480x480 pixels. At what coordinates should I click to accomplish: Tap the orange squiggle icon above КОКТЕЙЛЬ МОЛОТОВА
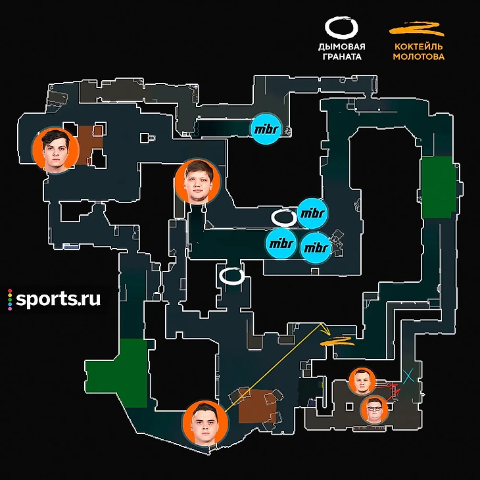coord(418,28)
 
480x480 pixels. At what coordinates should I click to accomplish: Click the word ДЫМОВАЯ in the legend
coord(341,47)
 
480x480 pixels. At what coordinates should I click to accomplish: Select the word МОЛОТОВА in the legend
coord(418,57)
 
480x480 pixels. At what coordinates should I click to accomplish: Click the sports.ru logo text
coord(58,299)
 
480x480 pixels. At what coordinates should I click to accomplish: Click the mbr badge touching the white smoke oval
coord(312,213)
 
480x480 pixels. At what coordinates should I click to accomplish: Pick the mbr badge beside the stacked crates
coord(316,248)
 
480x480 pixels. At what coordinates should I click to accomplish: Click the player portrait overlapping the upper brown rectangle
coord(56,150)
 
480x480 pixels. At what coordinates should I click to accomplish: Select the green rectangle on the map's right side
coord(437,187)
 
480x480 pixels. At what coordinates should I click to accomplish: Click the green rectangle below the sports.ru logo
coord(116,373)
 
